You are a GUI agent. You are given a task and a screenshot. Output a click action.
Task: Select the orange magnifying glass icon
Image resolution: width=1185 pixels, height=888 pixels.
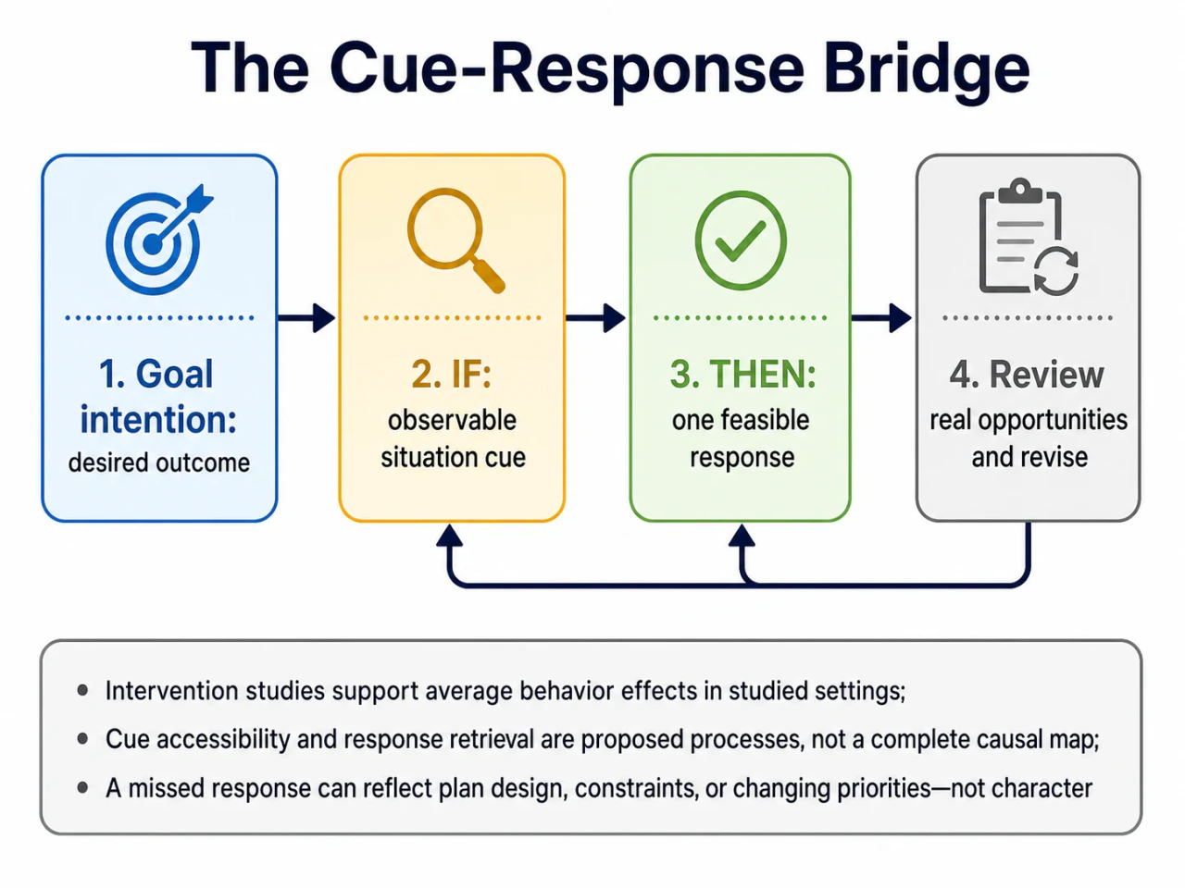pyautogui.click(x=455, y=240)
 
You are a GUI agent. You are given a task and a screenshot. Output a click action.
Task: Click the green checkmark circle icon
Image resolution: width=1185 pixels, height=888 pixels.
pyautogui.click(x=740, y=240)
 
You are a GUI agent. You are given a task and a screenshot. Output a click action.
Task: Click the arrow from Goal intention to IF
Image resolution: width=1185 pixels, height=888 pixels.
pyautogui.click(x=306, y=317)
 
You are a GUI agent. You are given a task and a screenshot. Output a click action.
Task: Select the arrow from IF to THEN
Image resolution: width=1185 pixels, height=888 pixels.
pyautogui.click(x=596, y=317)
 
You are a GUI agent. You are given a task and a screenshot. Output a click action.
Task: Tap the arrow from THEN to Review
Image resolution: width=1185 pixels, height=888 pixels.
pyautogui.click(x=881, y=317)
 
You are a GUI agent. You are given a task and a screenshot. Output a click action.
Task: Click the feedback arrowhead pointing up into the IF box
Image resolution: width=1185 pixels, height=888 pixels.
pyautogui.click(x=449, y=536)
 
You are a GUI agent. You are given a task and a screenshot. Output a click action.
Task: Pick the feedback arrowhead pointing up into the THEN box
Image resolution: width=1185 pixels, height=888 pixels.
pyautogui.click(x=742, y=536)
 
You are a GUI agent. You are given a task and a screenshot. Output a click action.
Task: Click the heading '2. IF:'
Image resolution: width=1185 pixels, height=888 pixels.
pyautogui.click(x=452, y=374)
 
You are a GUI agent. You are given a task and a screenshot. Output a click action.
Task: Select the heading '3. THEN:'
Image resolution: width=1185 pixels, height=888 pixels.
pyautogui.click(x=742, y=374)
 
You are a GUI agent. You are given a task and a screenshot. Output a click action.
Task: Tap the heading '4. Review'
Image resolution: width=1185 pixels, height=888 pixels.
pyautogui.click(x=1027, y=375)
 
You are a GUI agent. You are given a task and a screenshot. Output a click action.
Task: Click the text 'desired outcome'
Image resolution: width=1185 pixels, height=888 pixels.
pyautogui.click(x=159, y=462)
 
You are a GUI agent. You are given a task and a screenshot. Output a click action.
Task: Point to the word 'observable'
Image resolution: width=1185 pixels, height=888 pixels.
pyautogui.click(x=452, y=420)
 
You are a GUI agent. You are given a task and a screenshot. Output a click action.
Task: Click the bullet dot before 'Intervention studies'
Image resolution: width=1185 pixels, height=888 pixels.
pyautogui.click(x=82, y=690)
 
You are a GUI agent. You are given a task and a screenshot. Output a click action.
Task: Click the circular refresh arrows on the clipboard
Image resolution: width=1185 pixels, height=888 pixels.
pyautogui.click(x=1056, y=271)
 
